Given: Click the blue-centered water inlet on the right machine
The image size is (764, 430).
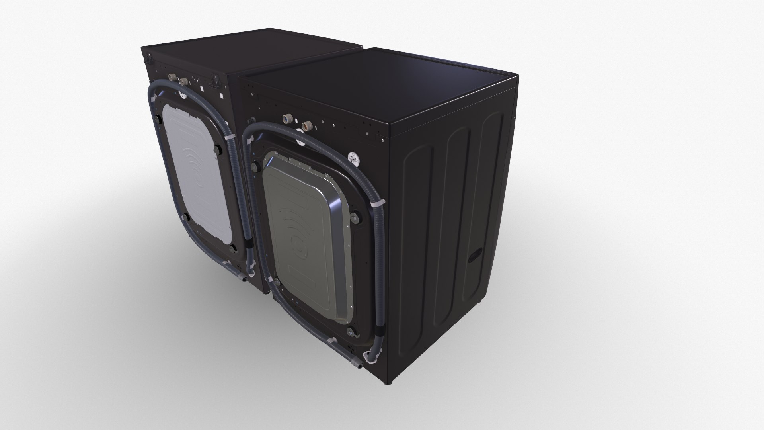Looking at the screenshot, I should tap(286, 119).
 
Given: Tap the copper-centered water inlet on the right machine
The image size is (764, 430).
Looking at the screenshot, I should tap(306, 126).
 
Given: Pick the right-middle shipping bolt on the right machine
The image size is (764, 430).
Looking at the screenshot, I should tap(353, 216).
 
